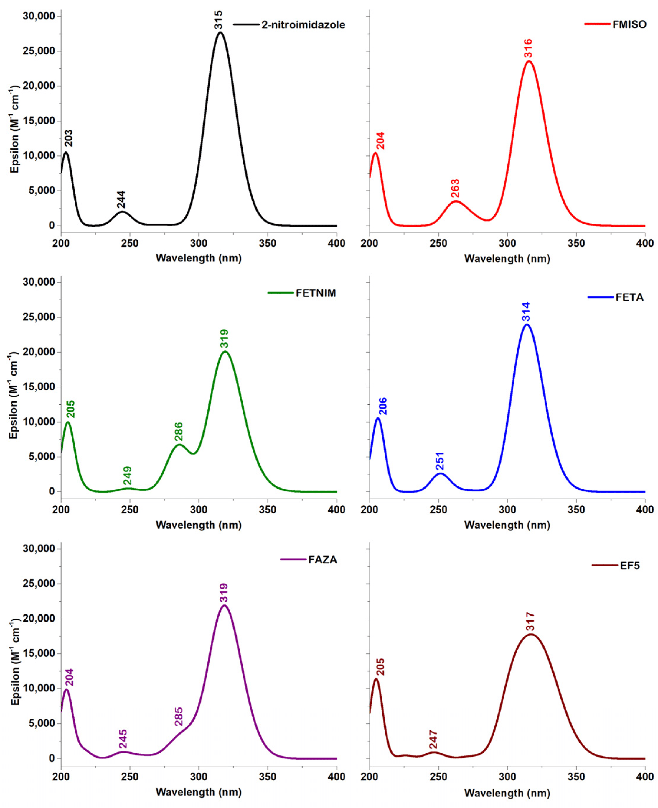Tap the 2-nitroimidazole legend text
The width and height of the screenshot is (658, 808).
point(303,25)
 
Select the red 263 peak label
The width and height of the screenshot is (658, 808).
point(455,188)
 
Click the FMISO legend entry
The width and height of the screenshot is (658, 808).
point(629,25)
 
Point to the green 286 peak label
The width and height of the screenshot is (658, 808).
point(179,432)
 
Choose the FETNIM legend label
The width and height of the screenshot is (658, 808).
point(316,293)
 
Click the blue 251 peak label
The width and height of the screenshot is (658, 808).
point(440,461)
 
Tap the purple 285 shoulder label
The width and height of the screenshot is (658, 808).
point(179,717)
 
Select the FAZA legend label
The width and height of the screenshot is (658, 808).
point(323,560)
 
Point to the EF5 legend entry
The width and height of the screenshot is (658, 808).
point(630,566)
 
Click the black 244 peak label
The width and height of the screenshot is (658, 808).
point(121,200)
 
